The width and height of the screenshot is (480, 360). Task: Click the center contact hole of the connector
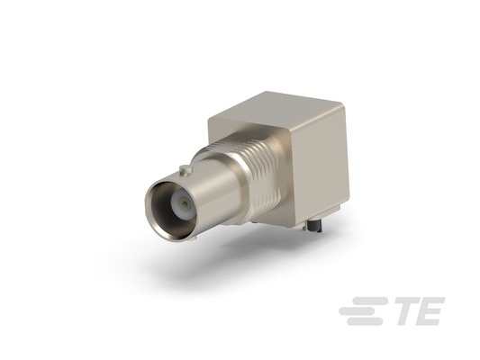185,203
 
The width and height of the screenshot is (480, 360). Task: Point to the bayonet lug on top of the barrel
186,170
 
